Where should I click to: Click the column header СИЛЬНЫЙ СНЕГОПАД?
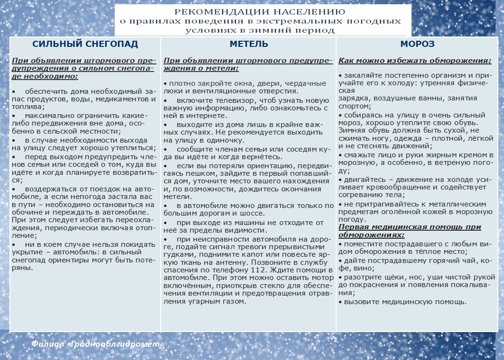click(x=85, y=44)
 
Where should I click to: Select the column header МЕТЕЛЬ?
click(x=248, y=44)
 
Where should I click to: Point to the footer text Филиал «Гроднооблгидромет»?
click(x=98, y=344)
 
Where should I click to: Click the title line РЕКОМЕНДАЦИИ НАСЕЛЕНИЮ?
click(x=260, y=12)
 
